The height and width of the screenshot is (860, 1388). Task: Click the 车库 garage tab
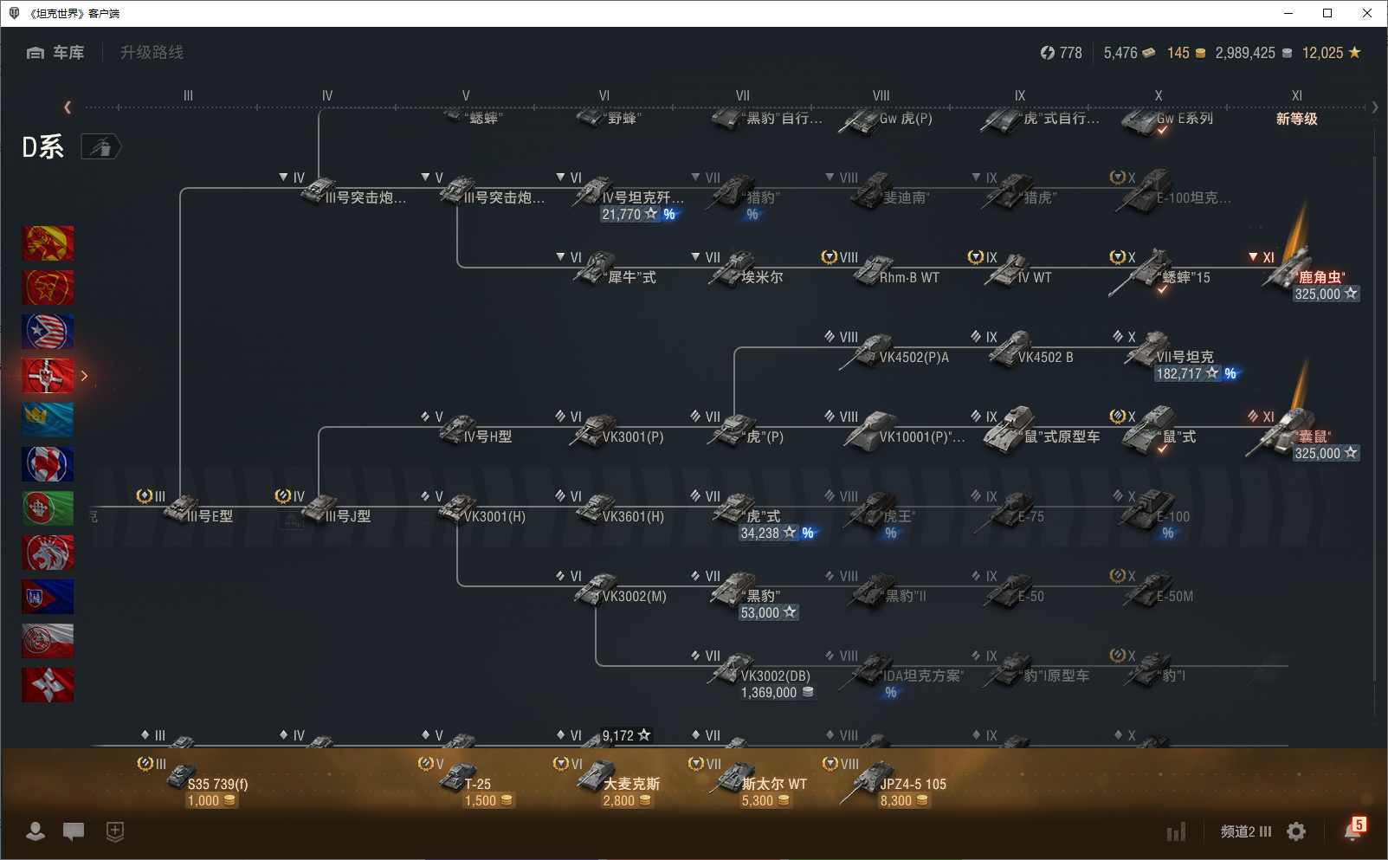pyautogui.click(x=56, y=53)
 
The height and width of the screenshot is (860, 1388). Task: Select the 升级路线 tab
pyautogui.click(x=152, y=53)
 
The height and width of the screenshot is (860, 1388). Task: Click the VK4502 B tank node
pyautogui.click(x=1035, y=355)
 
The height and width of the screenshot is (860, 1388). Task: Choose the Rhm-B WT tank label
pyautogui.click(x=908, y=277)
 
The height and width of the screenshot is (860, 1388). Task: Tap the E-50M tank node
pyautogui.click(x=1160, y=594)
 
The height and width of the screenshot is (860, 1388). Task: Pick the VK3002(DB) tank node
pyautogui.click(x=762, y=675)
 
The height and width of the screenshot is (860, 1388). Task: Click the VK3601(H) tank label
pyautogui.click(x=633, y=517)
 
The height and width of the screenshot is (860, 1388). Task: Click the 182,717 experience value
pyautogui.click(x=1178, y=374)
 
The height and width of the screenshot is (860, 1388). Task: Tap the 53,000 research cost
pyautogui.click(x=760, y=613)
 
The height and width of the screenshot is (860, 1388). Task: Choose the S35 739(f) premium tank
pyautogui.click(x=208, y=783)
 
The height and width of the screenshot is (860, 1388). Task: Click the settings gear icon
pyautogui.click(x=1296, y=831)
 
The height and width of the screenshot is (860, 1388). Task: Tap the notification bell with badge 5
pyautogui.click(x=1352, y=831)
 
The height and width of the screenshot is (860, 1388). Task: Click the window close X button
pyautogui.click(x=1367, y=13)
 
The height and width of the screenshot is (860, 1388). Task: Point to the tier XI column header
pyautogui.click(x=1296, y=96)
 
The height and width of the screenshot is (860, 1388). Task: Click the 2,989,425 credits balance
pyautogui.click(x=1245, y=53)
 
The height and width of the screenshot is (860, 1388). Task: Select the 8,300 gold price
pyautogui.click(x=896, y=801)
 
